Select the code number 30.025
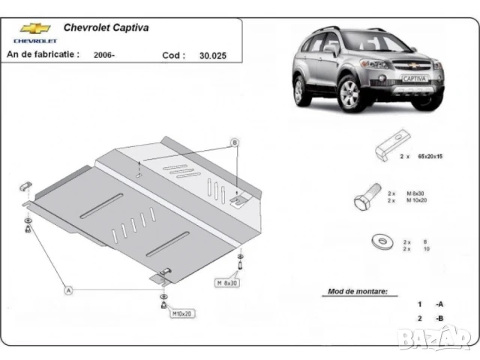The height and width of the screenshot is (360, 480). click(212, 55)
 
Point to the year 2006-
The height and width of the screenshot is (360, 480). click(105, 55)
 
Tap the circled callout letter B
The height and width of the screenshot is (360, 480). click(234, 142)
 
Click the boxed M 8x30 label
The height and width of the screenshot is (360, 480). click(228, 283)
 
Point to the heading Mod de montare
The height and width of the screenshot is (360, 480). click(357, 291)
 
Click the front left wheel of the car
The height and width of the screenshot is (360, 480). click(349, 94)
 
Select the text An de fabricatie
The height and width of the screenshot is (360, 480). click(42, 55)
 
